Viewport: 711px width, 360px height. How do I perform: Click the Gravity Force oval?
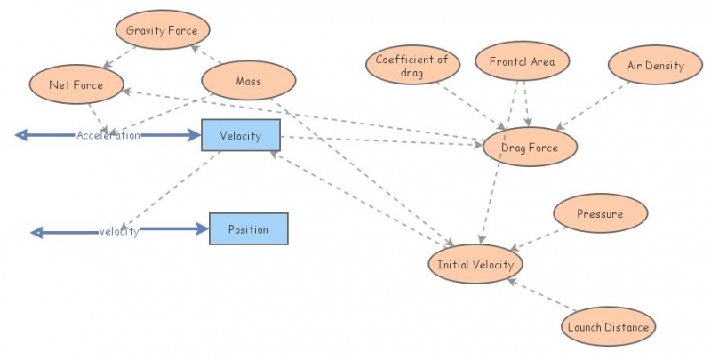[162, 30]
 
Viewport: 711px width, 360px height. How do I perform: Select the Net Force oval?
[76, 85]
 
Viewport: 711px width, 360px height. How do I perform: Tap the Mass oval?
[247, 82]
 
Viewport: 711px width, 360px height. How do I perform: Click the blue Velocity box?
[240, 135]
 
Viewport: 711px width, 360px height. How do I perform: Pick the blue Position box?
[248, 229]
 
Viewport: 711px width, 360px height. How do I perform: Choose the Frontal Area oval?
[522, 62]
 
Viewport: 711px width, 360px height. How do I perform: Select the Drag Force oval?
[531, 148]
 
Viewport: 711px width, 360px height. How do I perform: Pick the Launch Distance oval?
[609, 327]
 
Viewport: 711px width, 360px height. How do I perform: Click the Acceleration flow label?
[108, 135]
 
